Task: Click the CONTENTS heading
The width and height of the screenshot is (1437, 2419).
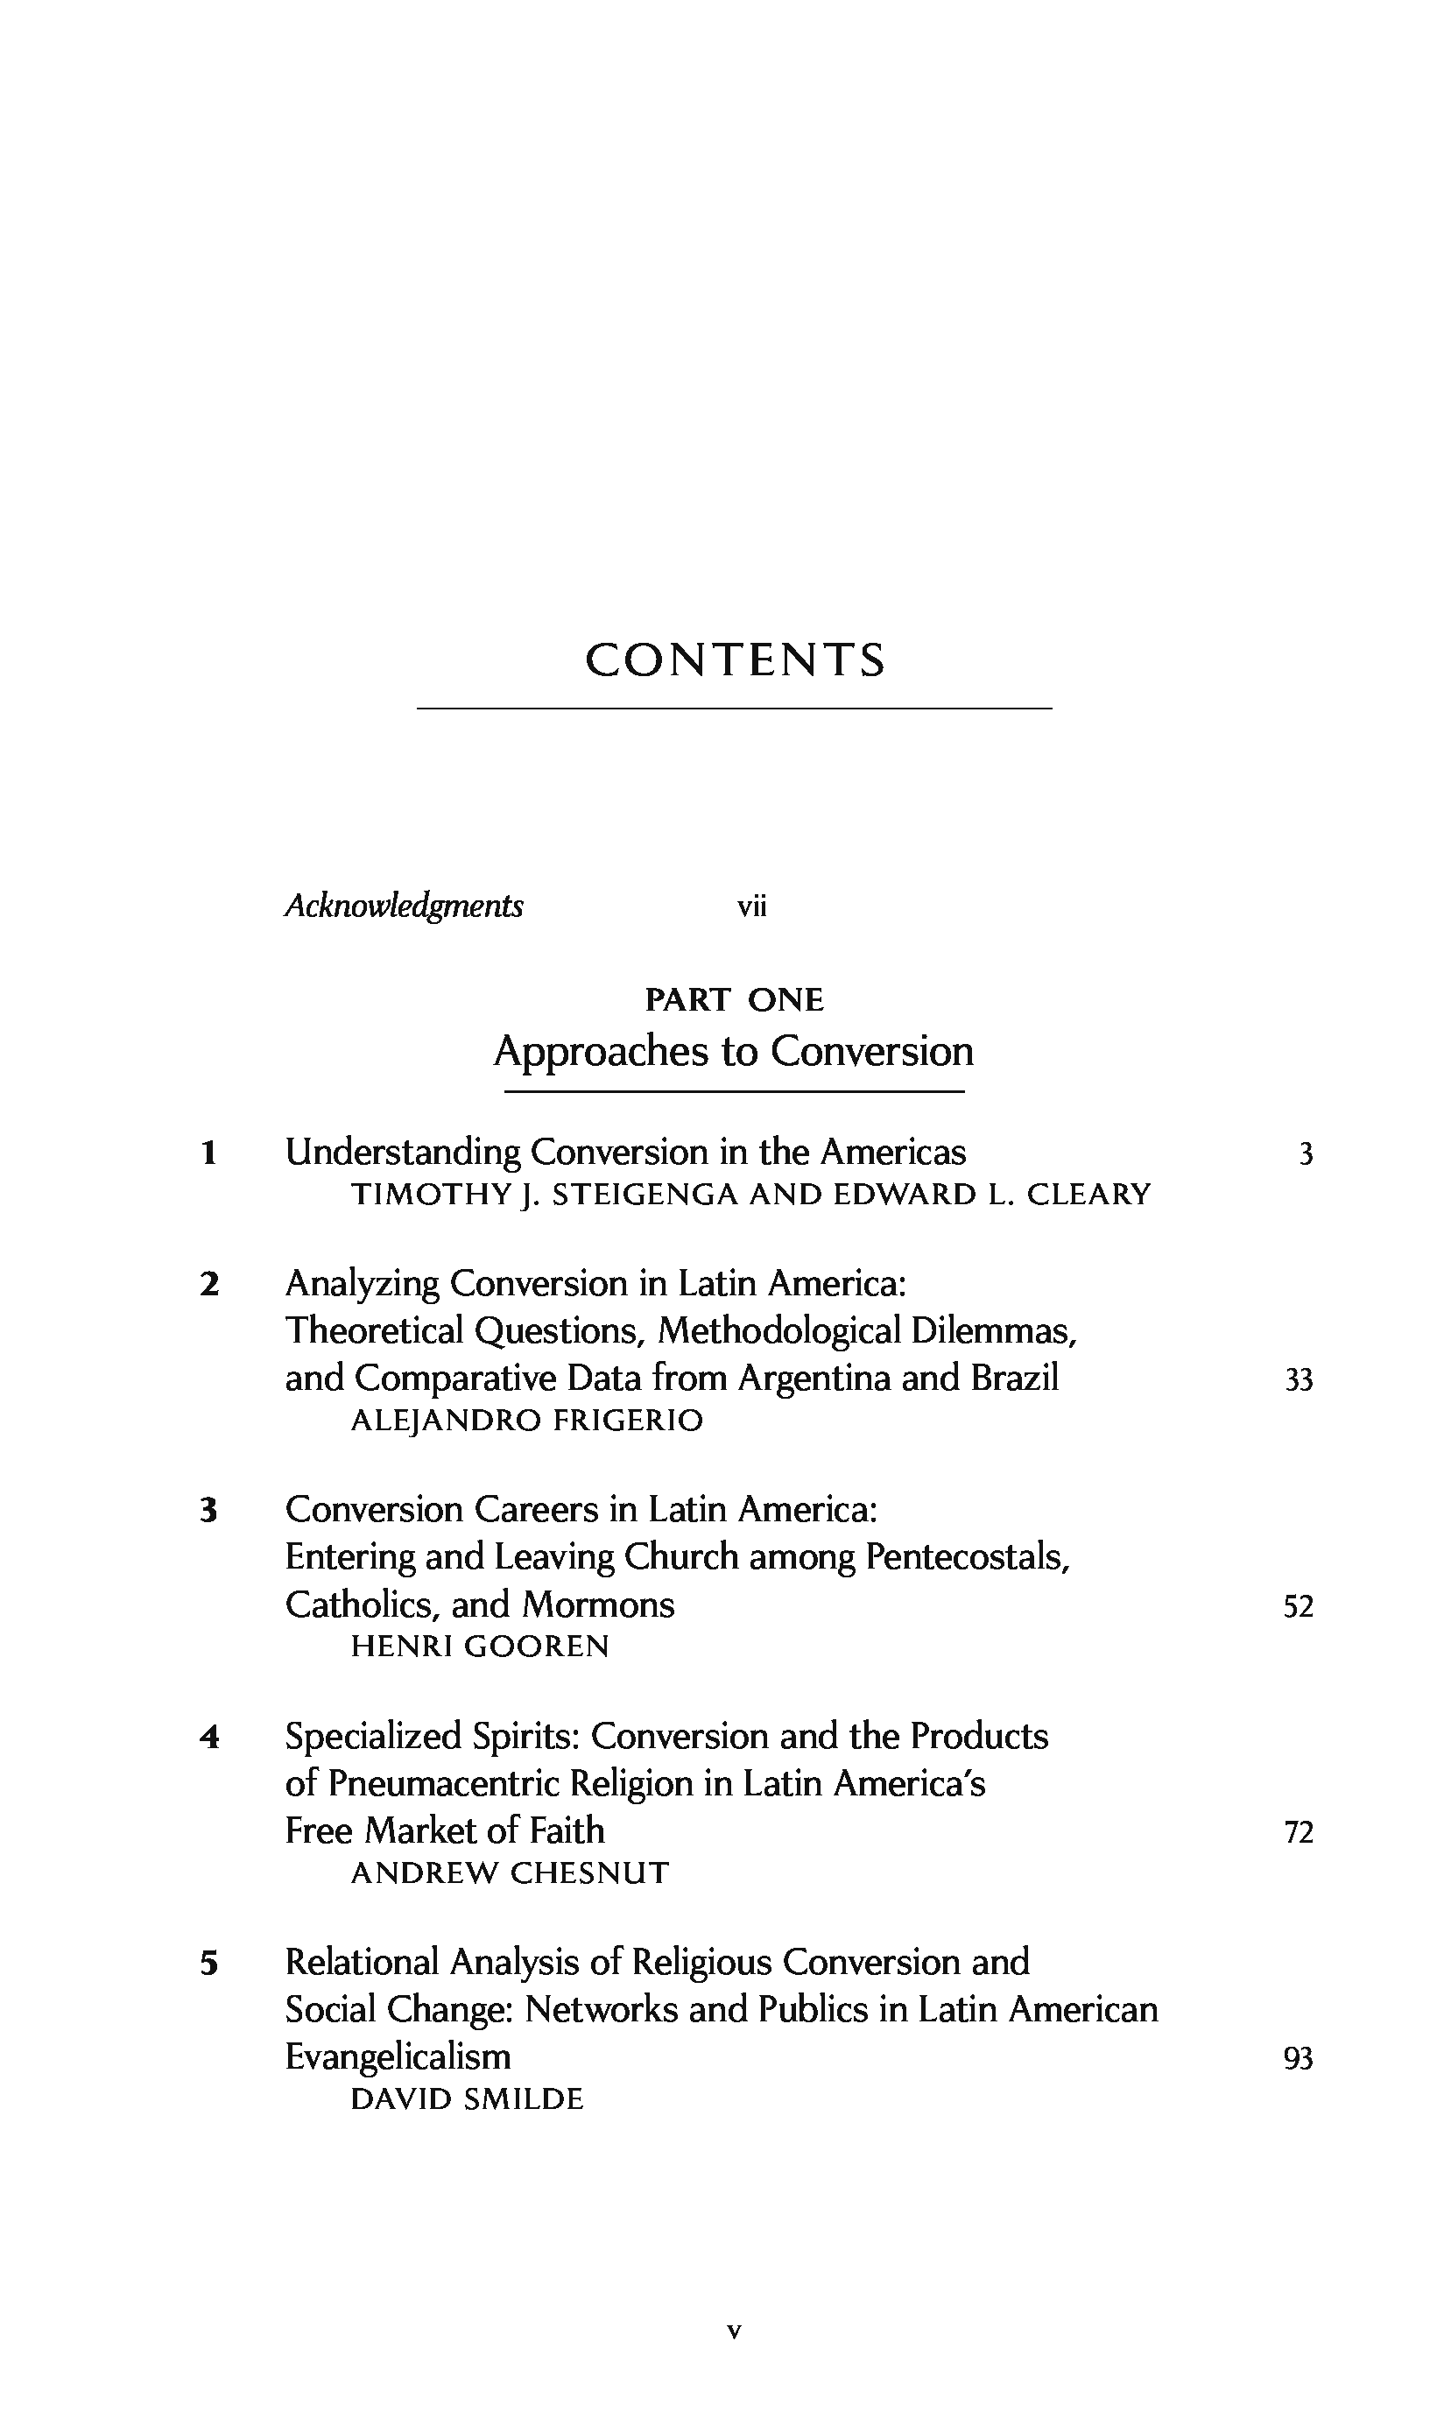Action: [x=735, y=660]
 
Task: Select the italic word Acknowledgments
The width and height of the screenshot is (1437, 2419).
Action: [x=404, y=906]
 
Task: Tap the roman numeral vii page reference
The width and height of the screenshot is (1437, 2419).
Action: [x=751, y=907]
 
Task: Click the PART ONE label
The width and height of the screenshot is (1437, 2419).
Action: [x=734, y=999]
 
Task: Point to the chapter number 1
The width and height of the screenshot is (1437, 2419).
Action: [x=208, y=1153]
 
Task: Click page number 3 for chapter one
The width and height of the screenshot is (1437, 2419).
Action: [x=1306, y=1154]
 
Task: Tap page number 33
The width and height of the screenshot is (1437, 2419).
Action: [x=1299, y=1380]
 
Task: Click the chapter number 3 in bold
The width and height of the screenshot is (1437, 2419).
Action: [x=208, y=1511]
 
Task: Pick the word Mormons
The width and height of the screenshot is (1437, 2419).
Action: [x=597, y=1605]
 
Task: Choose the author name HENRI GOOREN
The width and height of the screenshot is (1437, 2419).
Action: [x=479, y=1647]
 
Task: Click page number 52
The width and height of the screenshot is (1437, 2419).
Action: [x=1299, y=1607]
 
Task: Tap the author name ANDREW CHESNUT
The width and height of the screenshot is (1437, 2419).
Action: [x=510, y=1872]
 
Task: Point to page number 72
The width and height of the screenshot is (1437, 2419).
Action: [x=1299, y=1833]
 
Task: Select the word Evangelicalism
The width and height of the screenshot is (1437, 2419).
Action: [x=397, y=2056]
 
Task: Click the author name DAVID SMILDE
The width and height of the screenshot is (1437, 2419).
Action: [x=467, y=2099]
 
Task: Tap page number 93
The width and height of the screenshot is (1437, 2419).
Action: [x=1299, y=2059]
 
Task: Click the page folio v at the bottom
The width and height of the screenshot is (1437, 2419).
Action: [x=734, y=2331]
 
